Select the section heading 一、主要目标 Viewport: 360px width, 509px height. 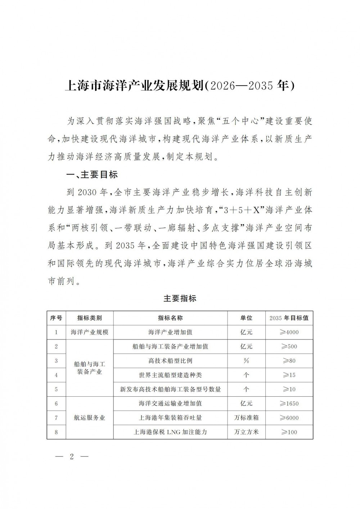pos(92,175)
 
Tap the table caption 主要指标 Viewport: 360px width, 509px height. pos(180,298)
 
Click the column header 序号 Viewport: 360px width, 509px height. pos(56,318)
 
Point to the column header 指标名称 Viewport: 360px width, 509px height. pos(170,318)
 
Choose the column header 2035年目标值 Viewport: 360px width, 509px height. pos(289,318)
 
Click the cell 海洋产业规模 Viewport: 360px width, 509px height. pos(89,332)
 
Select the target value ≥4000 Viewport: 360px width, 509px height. pos(289,332)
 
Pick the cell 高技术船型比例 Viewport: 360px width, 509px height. pos(170,361)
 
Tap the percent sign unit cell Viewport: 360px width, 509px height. pos(246,361)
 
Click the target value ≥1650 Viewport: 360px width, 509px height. pos(289,404)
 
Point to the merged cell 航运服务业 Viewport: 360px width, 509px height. pos(89,418)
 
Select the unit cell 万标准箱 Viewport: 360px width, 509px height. pos(246,418)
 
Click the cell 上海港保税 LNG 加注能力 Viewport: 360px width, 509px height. pos(170,432)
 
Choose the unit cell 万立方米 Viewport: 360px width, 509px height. pos(246,432)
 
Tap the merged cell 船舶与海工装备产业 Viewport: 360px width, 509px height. pos(89,368)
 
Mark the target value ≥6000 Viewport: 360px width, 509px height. pos(289,418)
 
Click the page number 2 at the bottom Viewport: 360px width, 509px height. pos(72,457)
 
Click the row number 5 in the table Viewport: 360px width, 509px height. pos(56,389)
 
